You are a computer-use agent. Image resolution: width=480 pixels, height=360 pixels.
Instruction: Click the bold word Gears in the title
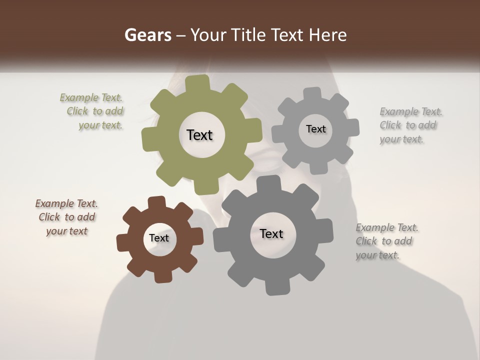click(x=147, y=35)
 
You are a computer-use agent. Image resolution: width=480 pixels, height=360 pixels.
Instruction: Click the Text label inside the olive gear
click(x=199, y=135)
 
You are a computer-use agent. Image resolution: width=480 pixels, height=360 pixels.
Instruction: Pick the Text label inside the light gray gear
click(x=315, y=129)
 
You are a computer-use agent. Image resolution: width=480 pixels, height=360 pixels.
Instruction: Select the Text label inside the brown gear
click(x=159, y=238)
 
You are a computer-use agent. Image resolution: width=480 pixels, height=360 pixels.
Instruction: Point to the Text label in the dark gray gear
click(x=271, y=233)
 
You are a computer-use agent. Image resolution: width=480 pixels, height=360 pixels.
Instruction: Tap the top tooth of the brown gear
click(x=157, y=202)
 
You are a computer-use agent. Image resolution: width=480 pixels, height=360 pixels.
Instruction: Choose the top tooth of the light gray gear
click(x=313, y=93)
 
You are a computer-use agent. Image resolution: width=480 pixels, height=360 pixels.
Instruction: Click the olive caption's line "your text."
click(x=100, y=125)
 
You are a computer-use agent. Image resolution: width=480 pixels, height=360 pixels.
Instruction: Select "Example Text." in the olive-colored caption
click(x=91, y=97)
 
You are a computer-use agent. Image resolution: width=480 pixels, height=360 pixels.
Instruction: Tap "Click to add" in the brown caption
click(x=67, y=217)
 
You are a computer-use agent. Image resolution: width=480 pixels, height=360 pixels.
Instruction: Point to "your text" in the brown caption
click(x=66, y=231)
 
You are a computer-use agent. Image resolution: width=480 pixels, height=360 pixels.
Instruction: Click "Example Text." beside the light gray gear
click(x=411, y=111)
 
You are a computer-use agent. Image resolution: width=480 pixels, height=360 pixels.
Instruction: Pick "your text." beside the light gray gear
click(x=401, y=139)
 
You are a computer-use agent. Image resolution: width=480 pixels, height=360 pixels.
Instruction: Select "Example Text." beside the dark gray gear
click(x=387, y=227)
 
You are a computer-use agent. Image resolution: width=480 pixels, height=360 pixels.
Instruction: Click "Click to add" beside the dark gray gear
click(x=384, y=241)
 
